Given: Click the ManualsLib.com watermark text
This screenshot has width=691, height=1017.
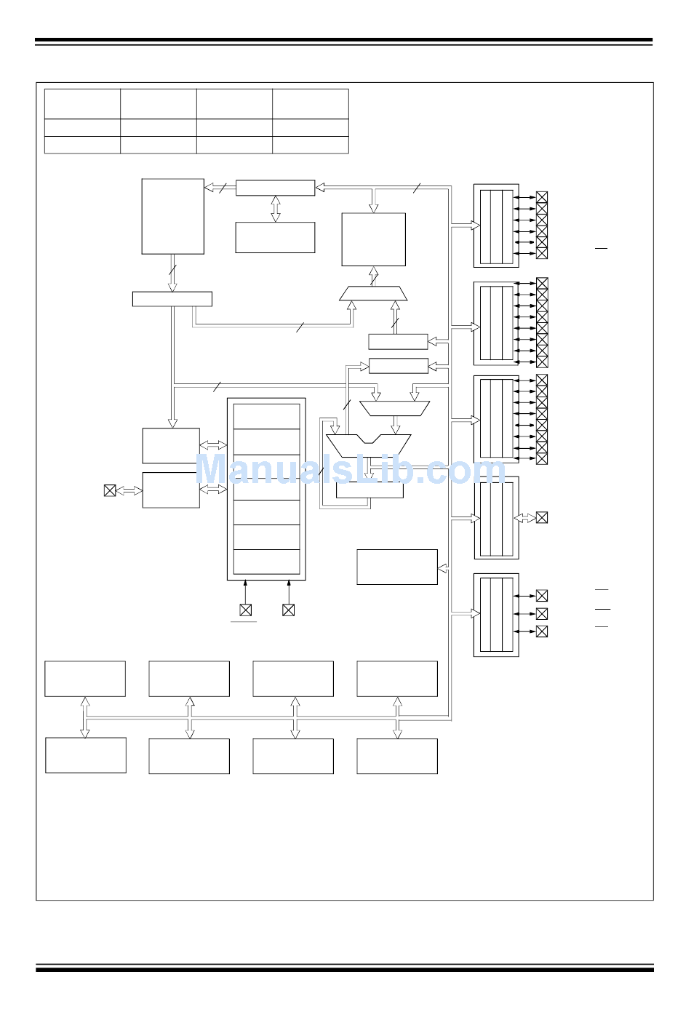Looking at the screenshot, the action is point(350,469).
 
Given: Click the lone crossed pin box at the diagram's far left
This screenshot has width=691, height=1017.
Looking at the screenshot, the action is point(110,490).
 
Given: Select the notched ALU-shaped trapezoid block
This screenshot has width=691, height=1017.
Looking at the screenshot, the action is point(369,444).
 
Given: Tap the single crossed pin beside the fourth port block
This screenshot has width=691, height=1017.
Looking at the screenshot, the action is point(542,518).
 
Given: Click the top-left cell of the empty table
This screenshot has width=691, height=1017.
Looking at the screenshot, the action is point(82,104).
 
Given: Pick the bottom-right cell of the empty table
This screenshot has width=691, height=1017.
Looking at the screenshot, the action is point(311,145).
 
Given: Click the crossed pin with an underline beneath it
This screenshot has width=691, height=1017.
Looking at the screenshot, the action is point(245,610).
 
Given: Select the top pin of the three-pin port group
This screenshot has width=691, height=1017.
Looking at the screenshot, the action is point(542,595).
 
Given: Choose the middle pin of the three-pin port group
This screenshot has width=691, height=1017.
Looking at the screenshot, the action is point(542,613).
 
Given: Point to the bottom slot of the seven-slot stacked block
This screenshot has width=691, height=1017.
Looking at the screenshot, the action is point(267,562).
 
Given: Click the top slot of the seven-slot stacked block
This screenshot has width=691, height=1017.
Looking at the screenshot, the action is point(267,417).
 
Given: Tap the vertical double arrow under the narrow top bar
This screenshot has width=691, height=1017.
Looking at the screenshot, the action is point(275,209).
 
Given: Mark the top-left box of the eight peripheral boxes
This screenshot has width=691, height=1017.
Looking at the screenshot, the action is point(85,679).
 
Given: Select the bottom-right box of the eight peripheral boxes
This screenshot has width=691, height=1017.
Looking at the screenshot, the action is point(397,757).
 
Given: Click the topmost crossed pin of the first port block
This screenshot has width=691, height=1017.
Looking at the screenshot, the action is point(542,197).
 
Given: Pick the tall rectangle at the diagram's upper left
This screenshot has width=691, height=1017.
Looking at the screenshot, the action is point(172,216).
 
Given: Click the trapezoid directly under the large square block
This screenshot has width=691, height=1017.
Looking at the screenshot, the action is point(374,293).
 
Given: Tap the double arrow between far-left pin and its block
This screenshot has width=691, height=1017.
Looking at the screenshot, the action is point(129,490).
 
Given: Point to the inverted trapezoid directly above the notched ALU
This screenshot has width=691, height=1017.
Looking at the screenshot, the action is point(395,408).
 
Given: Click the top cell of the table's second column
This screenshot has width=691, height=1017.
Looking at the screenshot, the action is point(159,104).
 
